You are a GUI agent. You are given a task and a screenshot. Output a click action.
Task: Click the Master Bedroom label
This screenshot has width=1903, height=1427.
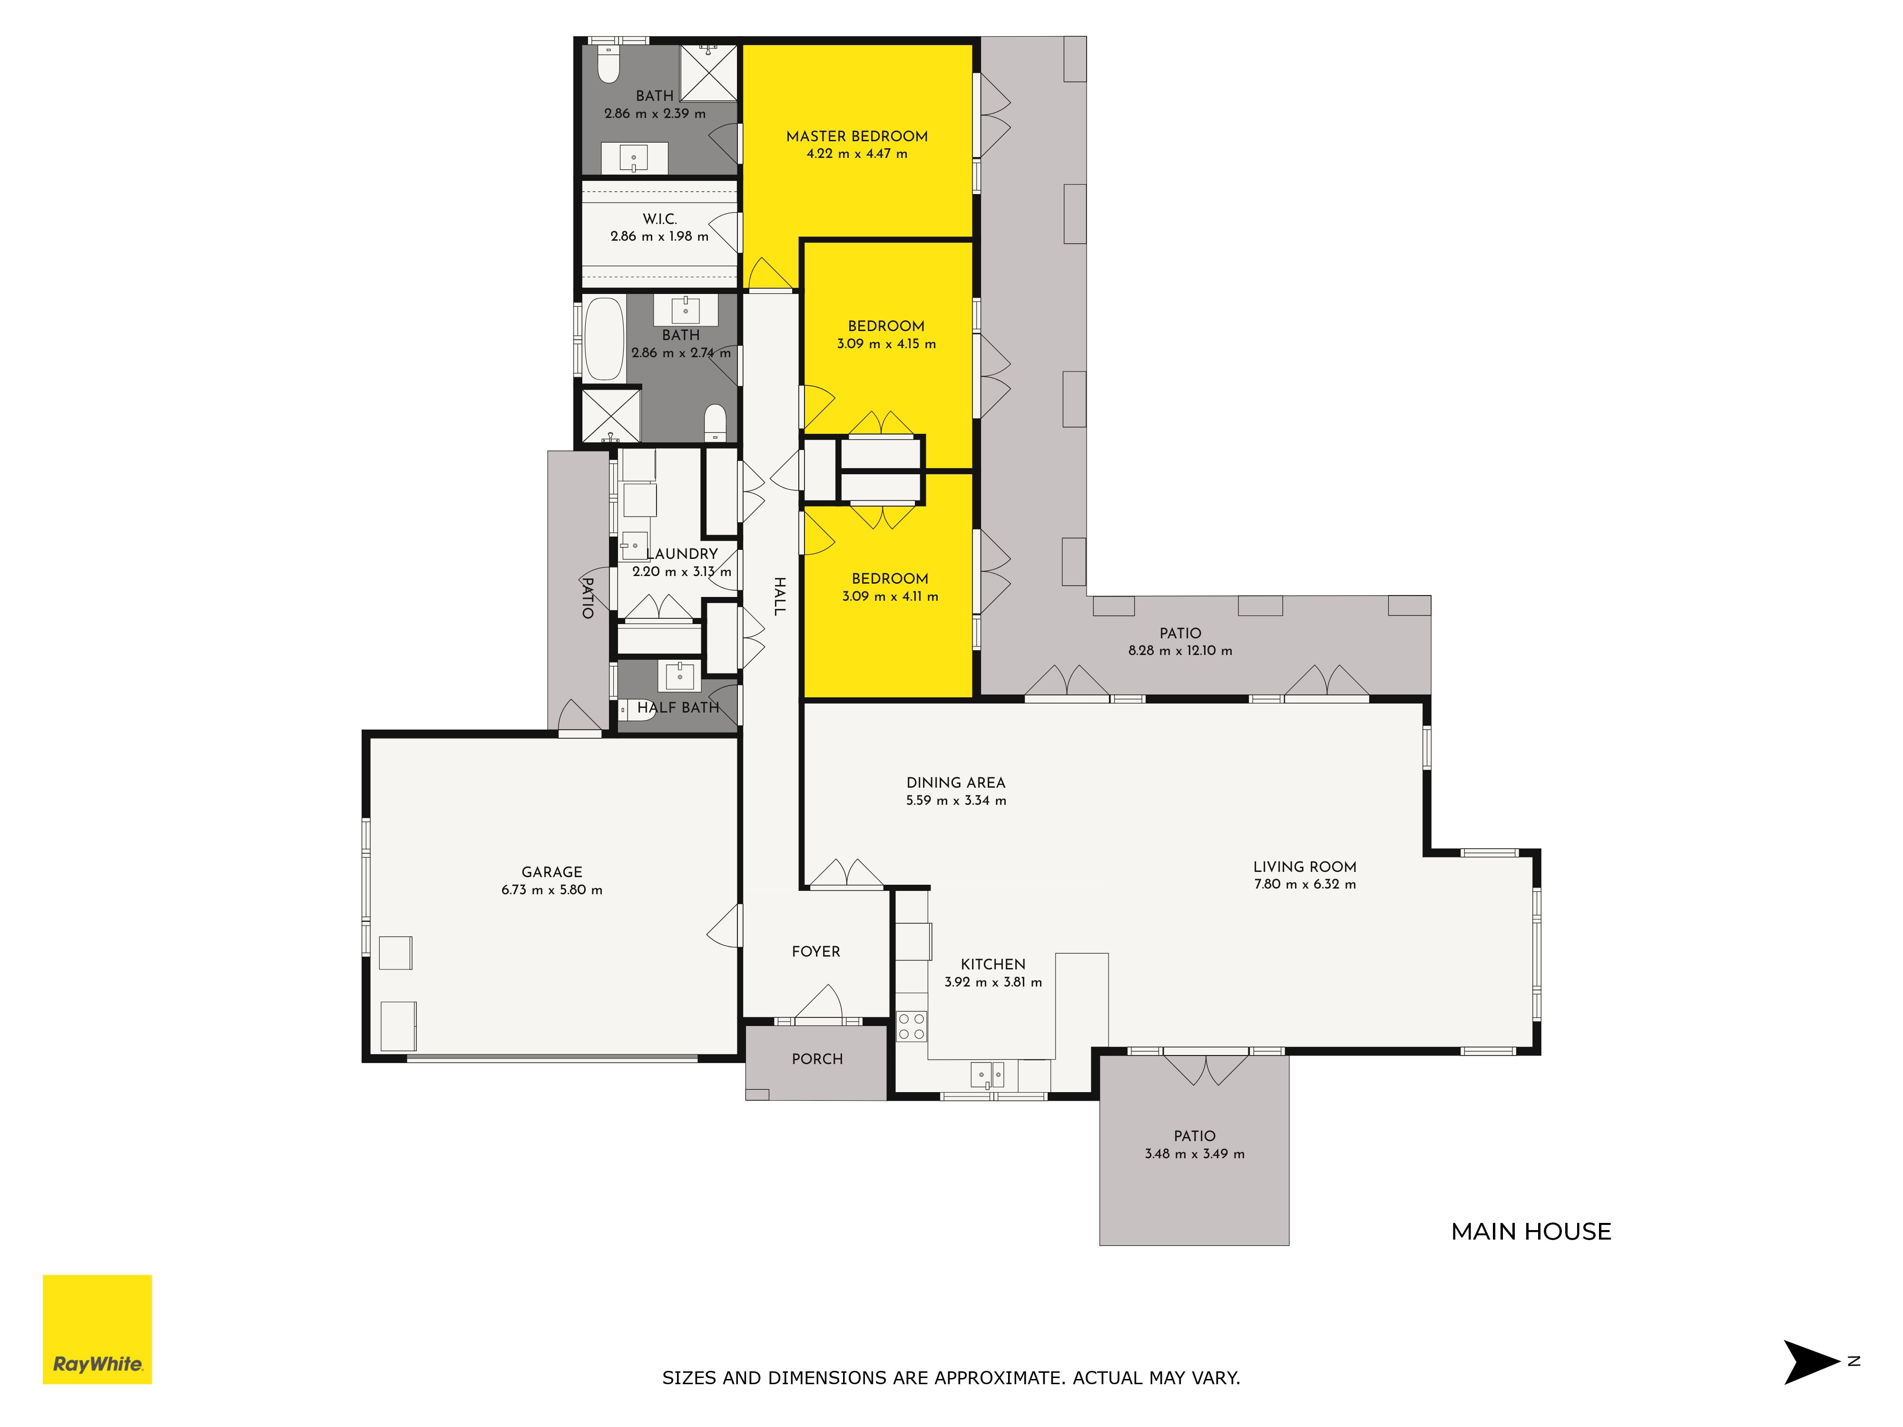(857, 136)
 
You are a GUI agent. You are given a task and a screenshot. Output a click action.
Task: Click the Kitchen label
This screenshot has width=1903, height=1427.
(993, 964)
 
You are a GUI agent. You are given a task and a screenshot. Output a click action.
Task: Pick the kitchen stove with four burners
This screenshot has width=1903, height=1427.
(912, 1026)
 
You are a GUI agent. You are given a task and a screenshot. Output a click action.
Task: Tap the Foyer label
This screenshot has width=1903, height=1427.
(815, 951)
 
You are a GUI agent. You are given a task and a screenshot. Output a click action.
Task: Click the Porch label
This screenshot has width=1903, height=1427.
(817, 1059)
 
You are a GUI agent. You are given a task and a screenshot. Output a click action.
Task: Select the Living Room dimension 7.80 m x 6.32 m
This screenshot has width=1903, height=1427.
(1305, 884)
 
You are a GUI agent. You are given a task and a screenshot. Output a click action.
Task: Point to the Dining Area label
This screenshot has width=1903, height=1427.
(956, 783)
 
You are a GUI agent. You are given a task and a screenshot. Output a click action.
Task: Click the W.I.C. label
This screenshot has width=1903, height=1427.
(660, 219)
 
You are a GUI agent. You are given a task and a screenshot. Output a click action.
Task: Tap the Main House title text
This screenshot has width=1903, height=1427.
(1531, 1232)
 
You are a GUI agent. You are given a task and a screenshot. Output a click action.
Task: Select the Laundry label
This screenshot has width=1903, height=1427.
(682, 554)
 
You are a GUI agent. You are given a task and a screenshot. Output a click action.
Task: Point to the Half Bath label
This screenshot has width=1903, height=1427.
(678, 708)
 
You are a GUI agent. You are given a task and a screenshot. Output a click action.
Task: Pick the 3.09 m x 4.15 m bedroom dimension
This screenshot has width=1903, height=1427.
(886, 344)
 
